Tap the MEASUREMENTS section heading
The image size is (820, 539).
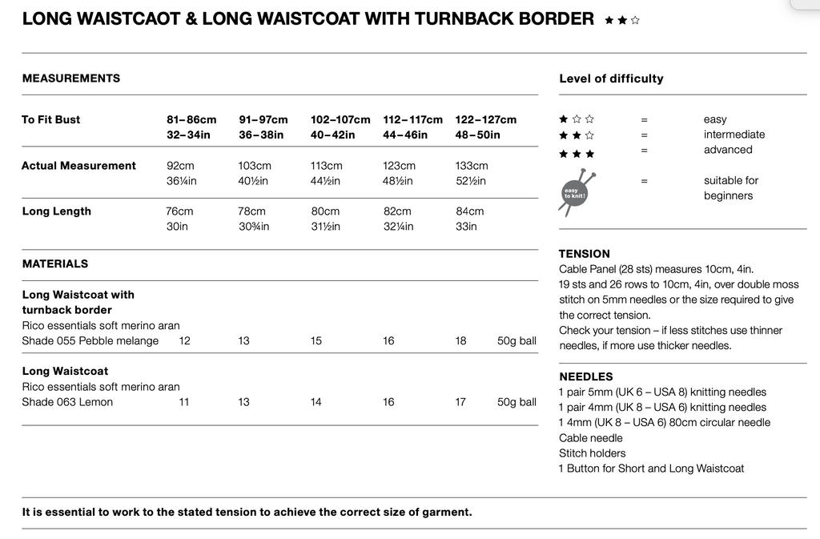(x=71, y=78)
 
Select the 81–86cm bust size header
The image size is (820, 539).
(x=191, y=119)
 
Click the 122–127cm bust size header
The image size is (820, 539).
(x=485, y=119)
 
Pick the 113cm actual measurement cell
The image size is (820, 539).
(x=326, y=166)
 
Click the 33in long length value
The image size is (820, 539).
(x=466, y=227)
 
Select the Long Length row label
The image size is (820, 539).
(x=56, y=211)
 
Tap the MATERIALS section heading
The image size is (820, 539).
(x=55, y=263)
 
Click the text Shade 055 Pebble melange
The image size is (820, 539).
(x=90, y=341)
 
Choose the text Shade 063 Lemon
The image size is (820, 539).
(x=67, y=402)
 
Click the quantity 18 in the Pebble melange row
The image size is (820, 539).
(x=460, y=341)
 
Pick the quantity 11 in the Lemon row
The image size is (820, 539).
(x=184, y=402)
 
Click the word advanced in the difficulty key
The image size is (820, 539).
(x=728, y=150)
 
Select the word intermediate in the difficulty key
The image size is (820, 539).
(x=734, y=135)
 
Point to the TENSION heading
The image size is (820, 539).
(x=585, y=254)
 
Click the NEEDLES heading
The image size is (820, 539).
(x=586, y=376)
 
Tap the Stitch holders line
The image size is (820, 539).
(x=592, y=453)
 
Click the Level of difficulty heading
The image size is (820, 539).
(x=611, y=78)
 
